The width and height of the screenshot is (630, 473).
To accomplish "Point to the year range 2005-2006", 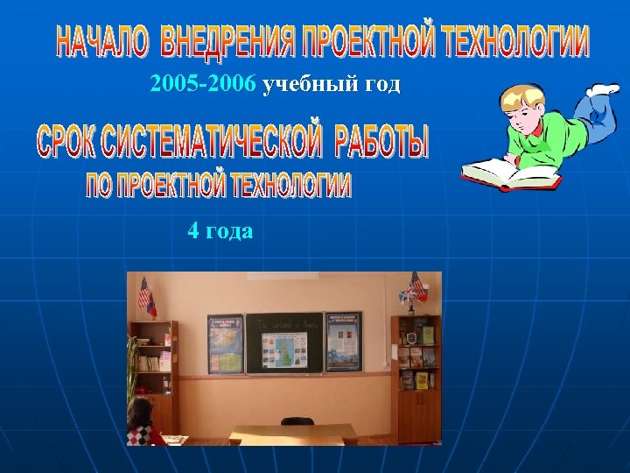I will pyautogui.click(x=203, y=84).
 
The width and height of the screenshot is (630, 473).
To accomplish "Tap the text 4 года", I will pyautogui.click(x=220, y=231).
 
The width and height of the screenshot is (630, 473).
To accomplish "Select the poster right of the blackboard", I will pyautogui.click(x=343, y=342).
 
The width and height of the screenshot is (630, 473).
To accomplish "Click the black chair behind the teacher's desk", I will pyautogui.click(x=297, y=421).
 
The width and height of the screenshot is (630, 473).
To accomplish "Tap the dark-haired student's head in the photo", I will pyautogui.click(x=139, y=410).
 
